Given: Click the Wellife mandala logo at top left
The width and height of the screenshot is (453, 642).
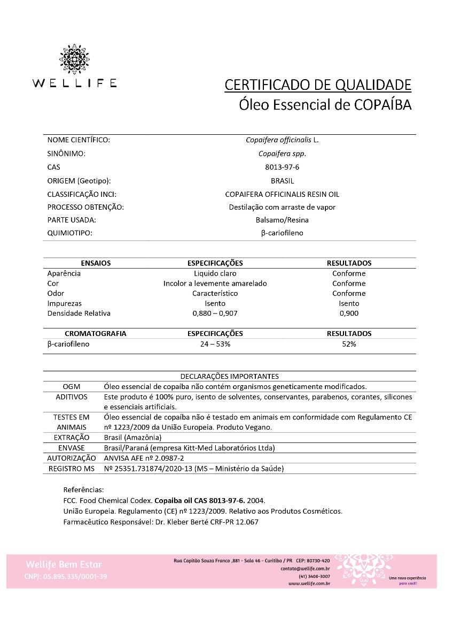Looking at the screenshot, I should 74,59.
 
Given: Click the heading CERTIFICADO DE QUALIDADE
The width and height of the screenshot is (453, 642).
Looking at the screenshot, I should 318,85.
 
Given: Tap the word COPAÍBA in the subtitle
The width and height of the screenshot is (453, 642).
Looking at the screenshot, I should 383,104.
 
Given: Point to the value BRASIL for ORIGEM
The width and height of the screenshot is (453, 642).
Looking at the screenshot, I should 282,181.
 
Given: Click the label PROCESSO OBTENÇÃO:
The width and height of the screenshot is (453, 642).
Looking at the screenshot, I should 85,207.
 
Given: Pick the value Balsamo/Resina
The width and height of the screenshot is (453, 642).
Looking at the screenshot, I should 282,220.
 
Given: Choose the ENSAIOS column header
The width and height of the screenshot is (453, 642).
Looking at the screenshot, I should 96,263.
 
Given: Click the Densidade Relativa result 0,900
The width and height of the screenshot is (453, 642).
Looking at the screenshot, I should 349,313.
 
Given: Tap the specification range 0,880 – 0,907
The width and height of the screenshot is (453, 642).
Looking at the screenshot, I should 215,313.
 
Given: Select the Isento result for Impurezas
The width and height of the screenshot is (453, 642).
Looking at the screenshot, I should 349,303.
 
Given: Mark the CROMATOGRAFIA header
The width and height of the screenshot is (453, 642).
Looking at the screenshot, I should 96,333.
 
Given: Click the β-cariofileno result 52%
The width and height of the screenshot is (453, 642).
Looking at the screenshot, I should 349,344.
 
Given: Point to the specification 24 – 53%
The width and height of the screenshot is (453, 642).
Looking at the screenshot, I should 215,344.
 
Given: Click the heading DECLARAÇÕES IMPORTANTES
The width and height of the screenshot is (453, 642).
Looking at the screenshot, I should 229,376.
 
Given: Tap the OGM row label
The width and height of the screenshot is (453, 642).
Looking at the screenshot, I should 72,386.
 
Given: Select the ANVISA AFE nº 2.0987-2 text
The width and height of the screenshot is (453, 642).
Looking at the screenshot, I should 143,458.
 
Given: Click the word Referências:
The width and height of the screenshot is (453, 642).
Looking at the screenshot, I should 83,490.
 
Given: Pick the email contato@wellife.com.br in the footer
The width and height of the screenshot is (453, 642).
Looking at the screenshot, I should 305,569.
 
